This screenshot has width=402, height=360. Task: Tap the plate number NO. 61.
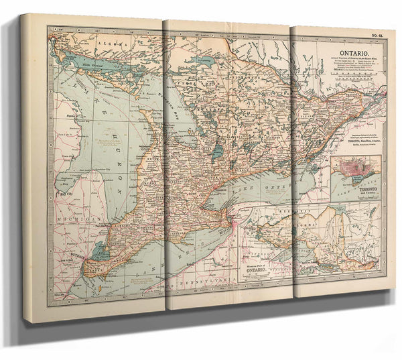tap(375, 43)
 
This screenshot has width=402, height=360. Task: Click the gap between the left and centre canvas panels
tap(163, 168)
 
